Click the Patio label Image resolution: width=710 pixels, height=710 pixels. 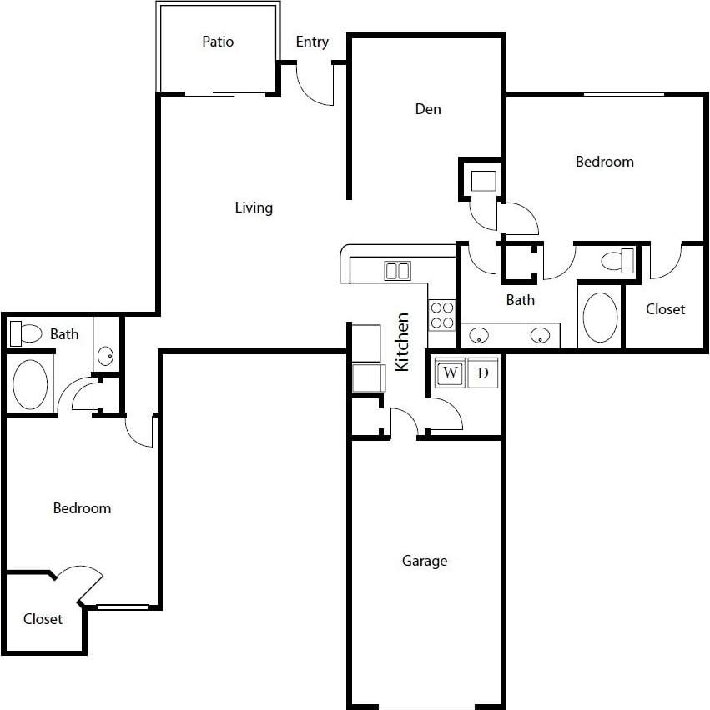point(218,41)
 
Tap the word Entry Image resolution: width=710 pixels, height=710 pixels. point(312,42)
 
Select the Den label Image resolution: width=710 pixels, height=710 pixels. point(428,109)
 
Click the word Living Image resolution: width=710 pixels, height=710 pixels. point(254,207)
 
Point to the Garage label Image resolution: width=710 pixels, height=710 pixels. point(425,561)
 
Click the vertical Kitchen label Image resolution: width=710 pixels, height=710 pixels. point(402,342)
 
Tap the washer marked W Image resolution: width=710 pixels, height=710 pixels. point(451,372)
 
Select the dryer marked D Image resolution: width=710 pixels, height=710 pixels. point(482,372)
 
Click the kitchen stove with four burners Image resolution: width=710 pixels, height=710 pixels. point(442,315)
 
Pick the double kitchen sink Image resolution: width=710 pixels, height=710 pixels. point(397,270)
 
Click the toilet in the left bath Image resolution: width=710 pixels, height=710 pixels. point(26,334)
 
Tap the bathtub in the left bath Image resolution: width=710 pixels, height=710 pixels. point(31,383)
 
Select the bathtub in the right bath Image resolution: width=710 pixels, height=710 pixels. point(600,317)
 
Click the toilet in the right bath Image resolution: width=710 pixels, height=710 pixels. point(618,261)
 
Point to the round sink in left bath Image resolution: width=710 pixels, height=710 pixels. point(106,357)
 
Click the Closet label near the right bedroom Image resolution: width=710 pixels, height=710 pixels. point(665,309)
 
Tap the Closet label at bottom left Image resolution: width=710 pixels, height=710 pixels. point(43,619)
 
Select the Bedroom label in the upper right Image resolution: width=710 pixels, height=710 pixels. point(605,162)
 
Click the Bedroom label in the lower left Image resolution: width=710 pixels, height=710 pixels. point(82,507)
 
